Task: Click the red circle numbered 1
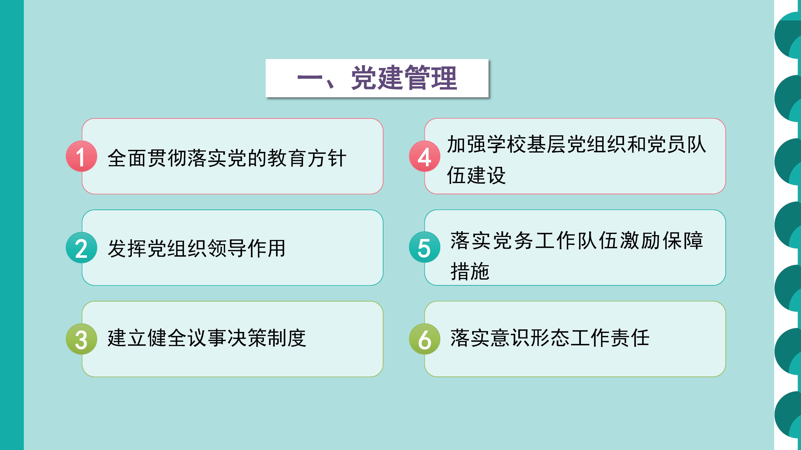coord(81,156)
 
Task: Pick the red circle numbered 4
coord(424,156)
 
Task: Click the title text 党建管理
coord(404,78)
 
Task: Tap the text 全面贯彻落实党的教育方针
coord(227,158)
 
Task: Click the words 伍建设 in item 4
coord(476,175)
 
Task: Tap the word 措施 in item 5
coord(470,271)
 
